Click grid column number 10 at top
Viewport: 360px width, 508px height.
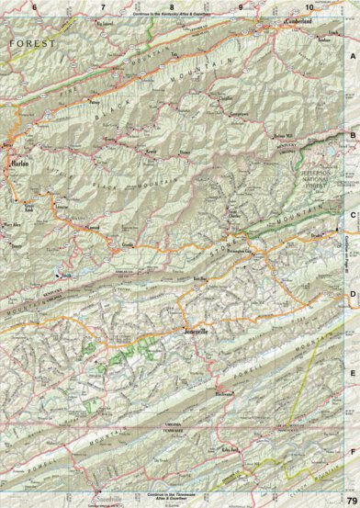tap(309, 8)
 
